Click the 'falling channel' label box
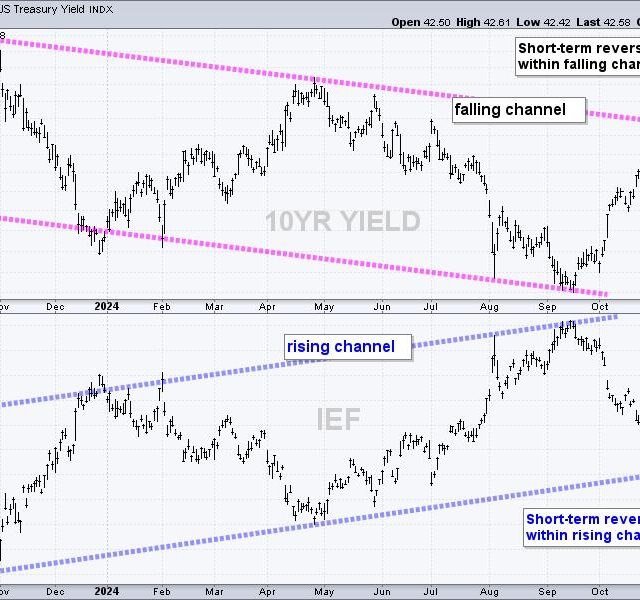pyautogui.click(x=517, y=109)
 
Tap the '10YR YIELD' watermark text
pyautogui.click(x=342, y=222)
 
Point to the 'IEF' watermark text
pyautogui.click(x=339, y=419)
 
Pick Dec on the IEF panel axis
pyautogui.click(x=55, y=590)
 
